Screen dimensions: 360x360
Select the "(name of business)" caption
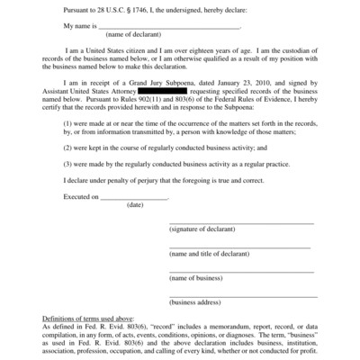197,279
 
